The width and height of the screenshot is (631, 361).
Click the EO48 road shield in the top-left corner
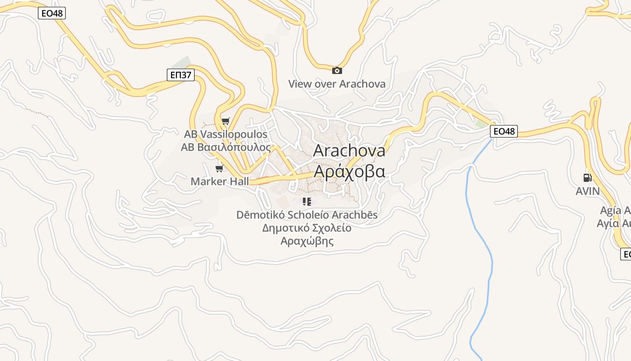(x=52, y=13)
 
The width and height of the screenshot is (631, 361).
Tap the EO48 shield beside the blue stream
(x=504, y=131)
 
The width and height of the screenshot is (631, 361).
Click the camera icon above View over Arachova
(x=337, y=70)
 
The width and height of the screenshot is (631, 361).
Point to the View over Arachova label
(x=337, y=84)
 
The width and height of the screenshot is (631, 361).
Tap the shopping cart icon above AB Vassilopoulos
(x=225, y=121)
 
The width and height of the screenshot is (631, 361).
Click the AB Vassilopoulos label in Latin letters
(x=225, y=134)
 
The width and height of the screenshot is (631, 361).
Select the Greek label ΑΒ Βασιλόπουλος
(x=225, y=148)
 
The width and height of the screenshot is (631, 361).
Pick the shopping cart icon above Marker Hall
(x=219, y=168)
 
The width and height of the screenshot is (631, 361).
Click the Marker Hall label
(x=219, y=181)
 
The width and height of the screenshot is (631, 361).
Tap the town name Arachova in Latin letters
(x=349, y=150)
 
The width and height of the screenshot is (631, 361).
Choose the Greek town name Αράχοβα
(x=349, y=171)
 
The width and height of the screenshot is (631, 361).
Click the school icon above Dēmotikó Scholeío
(x=307, y=201)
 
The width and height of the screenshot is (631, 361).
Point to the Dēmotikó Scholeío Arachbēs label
(x=307, y=215)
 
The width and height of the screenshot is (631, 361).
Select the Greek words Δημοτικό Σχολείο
(x=307, y=228)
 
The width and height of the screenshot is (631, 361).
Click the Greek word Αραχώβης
(x=307, y=241)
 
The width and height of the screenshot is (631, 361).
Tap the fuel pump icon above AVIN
(x=587, y=178)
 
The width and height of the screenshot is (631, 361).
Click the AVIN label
(x=587, y=191)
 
